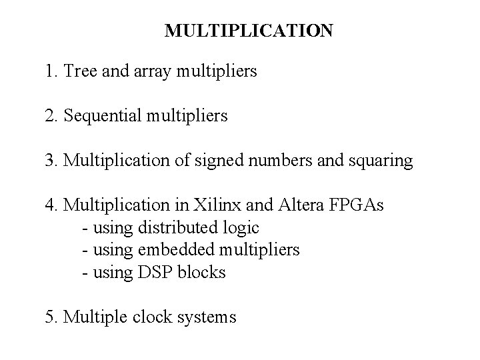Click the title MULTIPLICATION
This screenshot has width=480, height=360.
[x=248, y=31]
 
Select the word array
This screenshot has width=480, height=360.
[x=150, y=71]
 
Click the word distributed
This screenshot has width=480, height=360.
[x=177, y=228]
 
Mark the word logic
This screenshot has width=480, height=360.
[x=241, y=228]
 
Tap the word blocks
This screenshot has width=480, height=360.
[x=203, y=273]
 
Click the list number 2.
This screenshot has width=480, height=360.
[x=51, y=117]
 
